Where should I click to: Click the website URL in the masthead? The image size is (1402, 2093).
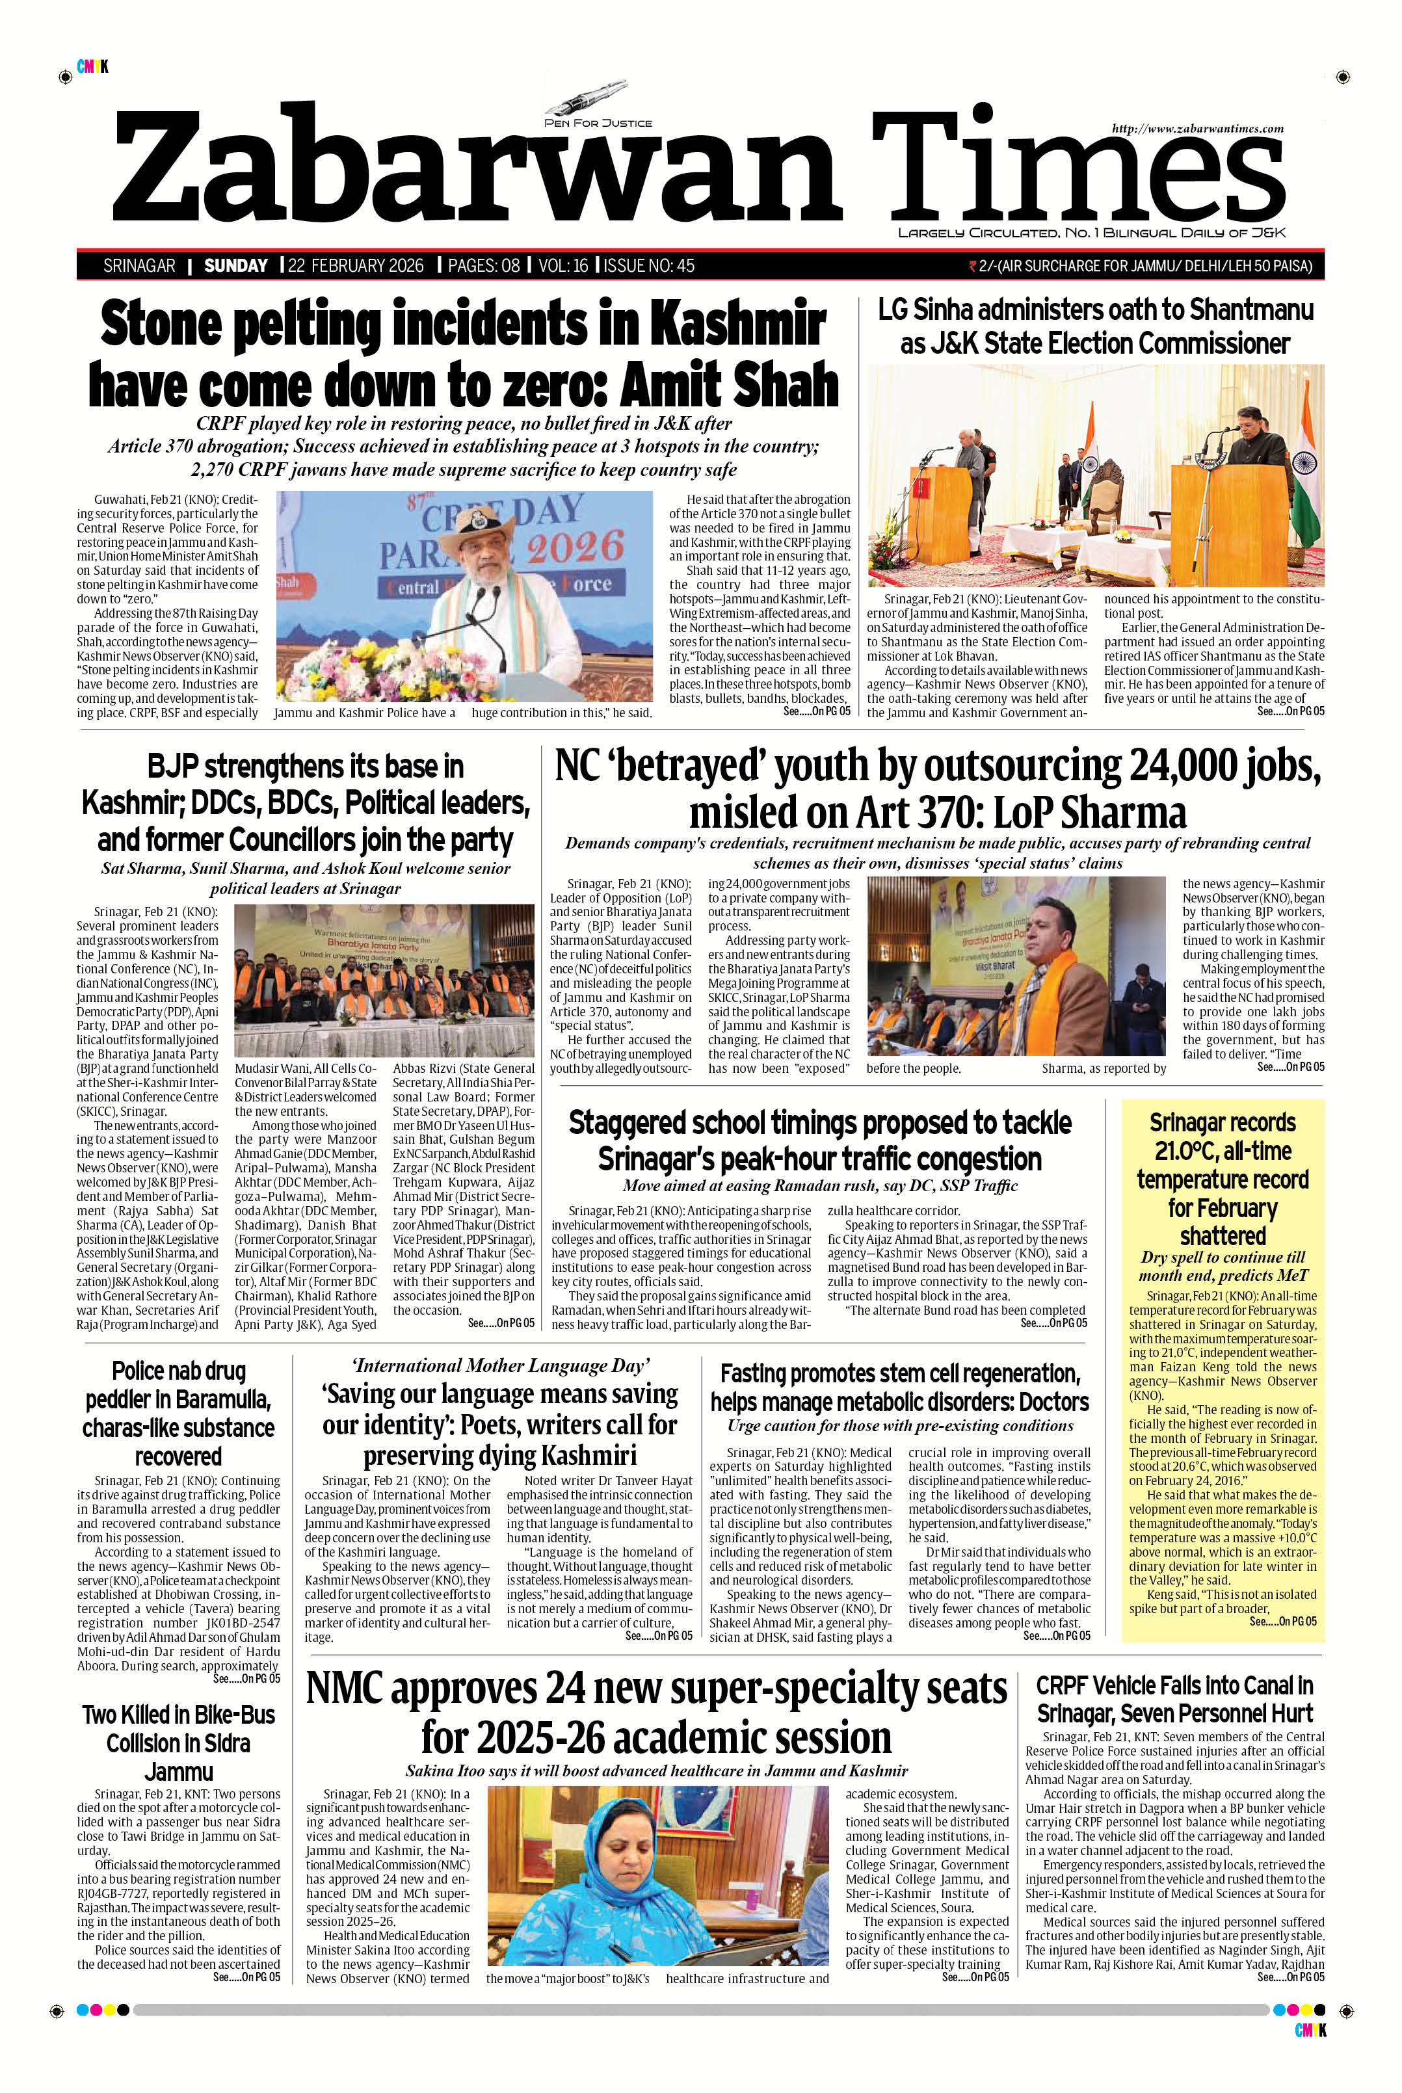(1197, 129)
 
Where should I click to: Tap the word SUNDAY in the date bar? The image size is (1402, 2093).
(236, 265)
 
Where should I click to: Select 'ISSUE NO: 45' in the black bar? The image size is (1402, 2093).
(650, 265)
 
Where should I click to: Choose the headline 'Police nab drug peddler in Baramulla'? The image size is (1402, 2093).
(179, 1414)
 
